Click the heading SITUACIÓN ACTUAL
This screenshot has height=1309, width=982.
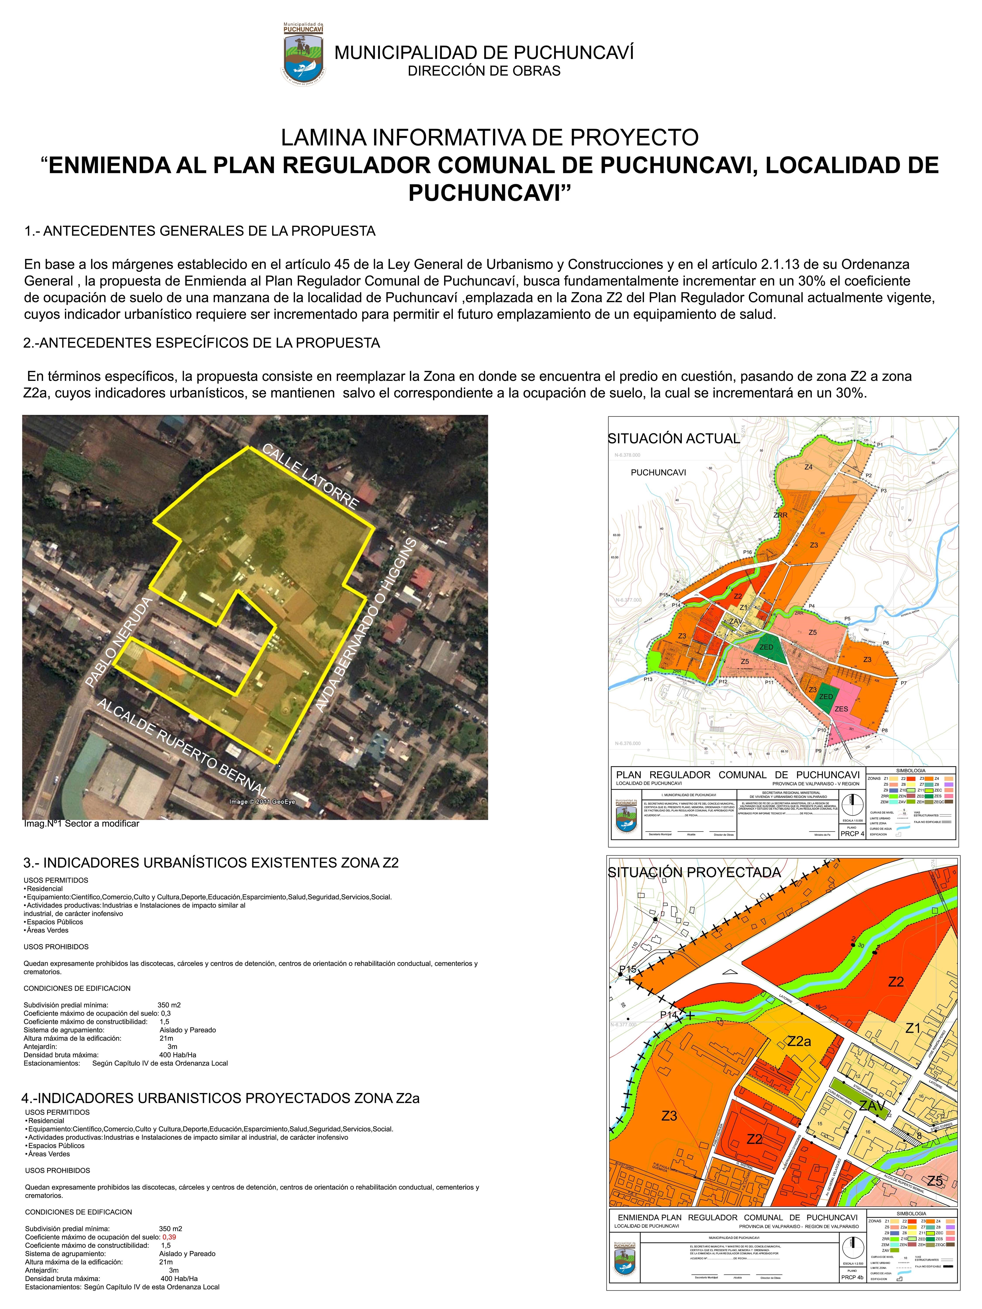click(674, 439)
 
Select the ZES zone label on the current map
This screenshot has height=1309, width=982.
click(841, 709)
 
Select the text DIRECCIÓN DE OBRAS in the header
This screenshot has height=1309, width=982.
click(484, 71)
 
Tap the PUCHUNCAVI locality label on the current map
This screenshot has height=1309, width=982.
click(658, 472)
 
